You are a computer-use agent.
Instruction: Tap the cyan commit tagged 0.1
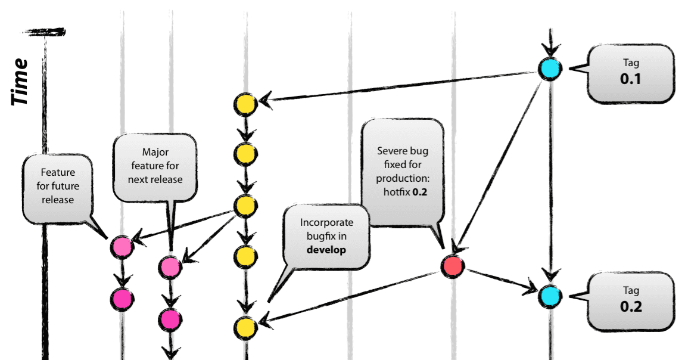549,69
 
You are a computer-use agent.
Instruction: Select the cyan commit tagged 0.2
549,295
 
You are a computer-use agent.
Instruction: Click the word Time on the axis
21,82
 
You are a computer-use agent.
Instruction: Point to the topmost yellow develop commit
245,104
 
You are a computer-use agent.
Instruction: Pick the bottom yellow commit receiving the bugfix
245,327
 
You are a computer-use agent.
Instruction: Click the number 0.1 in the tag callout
630,78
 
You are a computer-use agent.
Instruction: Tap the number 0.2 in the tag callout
630,307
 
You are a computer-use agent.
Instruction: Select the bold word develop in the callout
326,250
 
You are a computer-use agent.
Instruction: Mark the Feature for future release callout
58,185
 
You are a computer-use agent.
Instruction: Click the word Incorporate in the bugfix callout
326,222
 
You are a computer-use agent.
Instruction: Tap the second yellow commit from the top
245,154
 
